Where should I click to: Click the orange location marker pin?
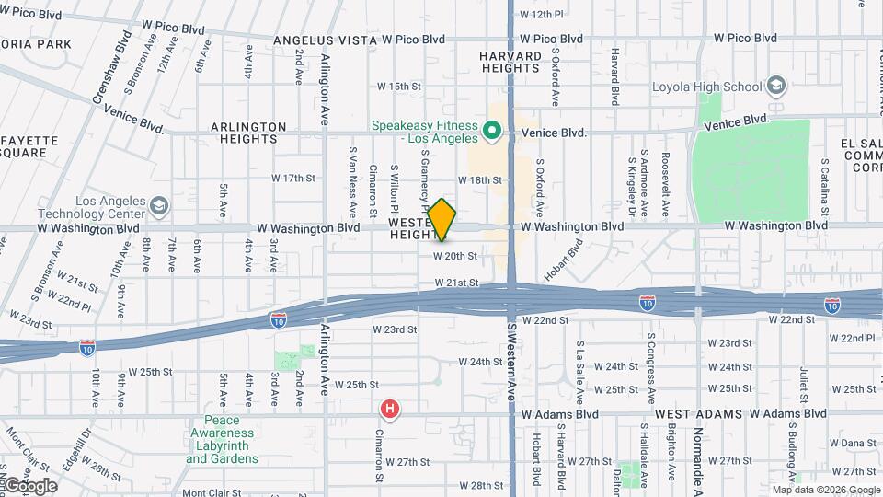(442, 219)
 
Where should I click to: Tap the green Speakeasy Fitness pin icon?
(492, 132)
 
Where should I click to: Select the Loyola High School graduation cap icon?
(776, 87)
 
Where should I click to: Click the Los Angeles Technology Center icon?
(158, 204)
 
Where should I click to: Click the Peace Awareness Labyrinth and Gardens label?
(222, 440)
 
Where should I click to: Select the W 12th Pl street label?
(541, 14)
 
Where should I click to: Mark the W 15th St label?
(398, 87)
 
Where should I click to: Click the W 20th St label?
(455, 256)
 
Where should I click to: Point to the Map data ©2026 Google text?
(825, 490)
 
